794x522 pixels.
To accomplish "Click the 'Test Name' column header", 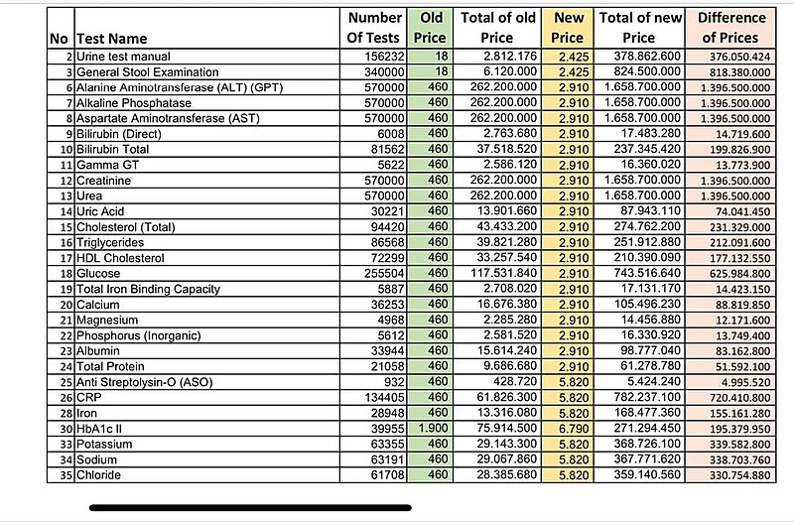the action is [112, 39].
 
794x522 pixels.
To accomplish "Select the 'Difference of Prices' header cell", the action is [730, 28].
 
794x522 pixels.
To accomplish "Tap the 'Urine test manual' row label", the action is [123, 57].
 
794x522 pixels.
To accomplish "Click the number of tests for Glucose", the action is [384, 273].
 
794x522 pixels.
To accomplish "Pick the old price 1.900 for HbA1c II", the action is [433, 429].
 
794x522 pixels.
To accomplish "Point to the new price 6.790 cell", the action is [574, 429].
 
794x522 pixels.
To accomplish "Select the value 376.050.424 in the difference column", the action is [739, 57].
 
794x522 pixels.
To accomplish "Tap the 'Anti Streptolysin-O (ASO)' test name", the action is [144, 382].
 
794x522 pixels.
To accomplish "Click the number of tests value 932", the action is [394, 382].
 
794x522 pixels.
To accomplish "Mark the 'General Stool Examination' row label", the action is [147, 71].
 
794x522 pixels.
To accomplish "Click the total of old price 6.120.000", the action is [510, 71].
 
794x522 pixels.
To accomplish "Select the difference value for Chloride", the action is [739, 475].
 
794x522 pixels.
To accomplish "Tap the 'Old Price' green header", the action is [430, 28].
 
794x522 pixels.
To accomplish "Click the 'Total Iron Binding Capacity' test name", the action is [148, 289].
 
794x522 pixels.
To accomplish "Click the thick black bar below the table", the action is [250, 507].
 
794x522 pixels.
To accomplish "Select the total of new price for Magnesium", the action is [651, 320].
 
